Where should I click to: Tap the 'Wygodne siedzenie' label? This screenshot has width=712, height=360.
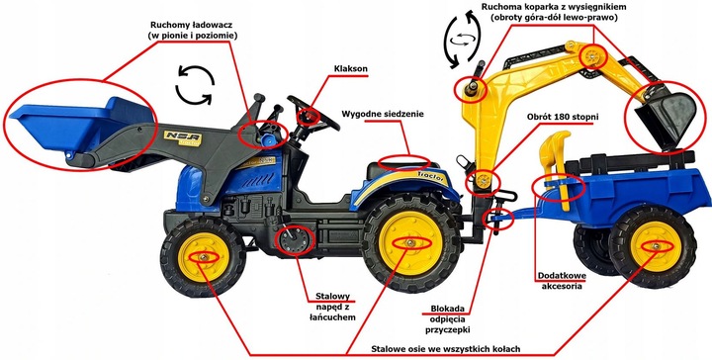[x=383, y=114]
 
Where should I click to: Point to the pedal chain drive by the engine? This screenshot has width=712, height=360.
[x=294, y=238]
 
